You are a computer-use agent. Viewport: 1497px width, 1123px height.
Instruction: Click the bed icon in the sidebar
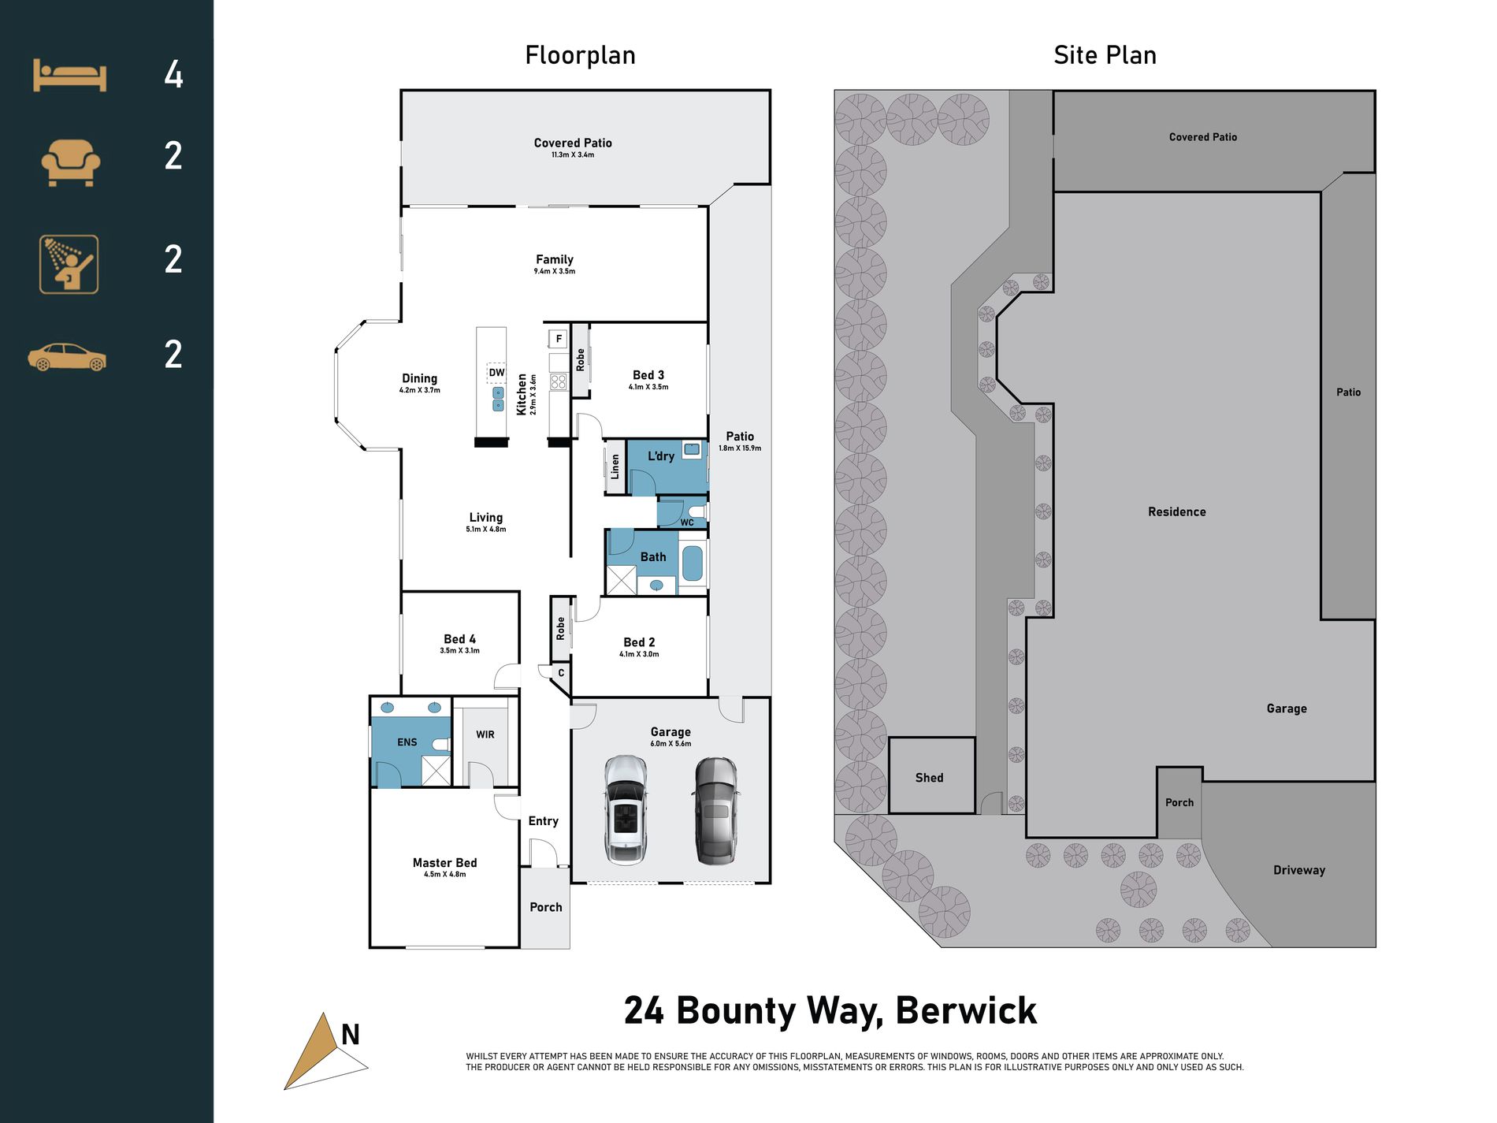pos(69,76)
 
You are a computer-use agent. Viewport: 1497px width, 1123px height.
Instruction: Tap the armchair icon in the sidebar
pos(70,162)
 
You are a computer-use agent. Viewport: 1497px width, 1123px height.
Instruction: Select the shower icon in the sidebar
pos(69,264)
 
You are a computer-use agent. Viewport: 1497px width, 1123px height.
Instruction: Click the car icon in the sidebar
pos(67,357)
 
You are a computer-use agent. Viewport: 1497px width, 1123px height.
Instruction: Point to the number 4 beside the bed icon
pos(173,75)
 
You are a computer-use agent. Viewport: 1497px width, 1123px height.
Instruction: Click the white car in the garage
pos(626,810)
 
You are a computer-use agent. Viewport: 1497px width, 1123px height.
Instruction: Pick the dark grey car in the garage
pos(715,811)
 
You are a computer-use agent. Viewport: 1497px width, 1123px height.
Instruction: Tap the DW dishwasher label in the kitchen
pos(496,373)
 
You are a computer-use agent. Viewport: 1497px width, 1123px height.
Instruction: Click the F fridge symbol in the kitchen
pos(559,339)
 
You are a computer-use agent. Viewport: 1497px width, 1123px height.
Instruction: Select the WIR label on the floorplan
pos(485,734)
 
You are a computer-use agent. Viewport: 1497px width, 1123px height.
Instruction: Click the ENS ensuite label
pos(407,742)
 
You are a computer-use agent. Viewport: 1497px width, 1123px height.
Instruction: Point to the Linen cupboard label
pos(615,467)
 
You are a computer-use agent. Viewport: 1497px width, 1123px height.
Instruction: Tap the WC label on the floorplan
pos(687,522)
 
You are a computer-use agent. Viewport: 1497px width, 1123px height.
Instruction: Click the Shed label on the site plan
pos(929,778)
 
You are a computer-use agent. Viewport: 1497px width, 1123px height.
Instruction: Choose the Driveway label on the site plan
pos(1299,870)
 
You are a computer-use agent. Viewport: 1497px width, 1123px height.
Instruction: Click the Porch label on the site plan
pos(1179,802)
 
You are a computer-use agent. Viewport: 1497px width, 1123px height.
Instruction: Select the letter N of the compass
pos(351,1034)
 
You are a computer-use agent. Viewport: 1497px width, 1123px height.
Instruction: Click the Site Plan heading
pos(1105,55)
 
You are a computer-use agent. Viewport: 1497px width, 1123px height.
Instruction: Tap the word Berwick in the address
pos(966,1011)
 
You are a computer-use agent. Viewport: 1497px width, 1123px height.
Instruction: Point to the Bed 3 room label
pos(648,375)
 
